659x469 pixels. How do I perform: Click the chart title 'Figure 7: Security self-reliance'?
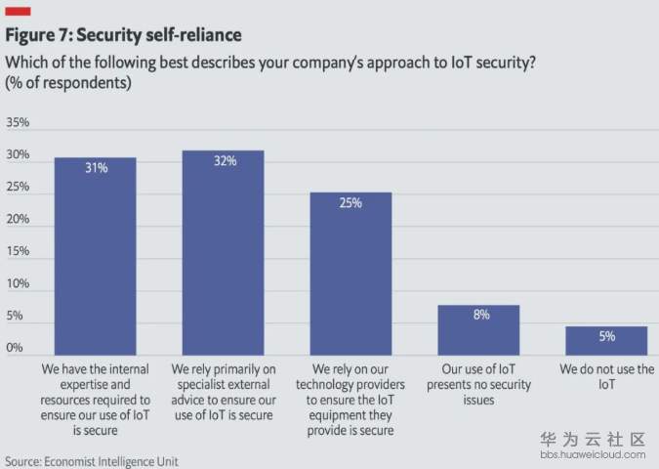(124, 35)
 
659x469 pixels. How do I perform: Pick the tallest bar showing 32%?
(224, 252)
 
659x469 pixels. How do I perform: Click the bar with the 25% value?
(350, 274)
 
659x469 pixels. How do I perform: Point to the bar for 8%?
(478, 330)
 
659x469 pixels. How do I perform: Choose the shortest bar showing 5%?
(606, 340)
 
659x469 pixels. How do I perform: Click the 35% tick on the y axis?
(19, 123)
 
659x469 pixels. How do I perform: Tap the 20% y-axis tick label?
(19, 220)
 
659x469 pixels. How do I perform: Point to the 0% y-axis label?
(15, 348)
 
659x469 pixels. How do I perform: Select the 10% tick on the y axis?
(19, 284)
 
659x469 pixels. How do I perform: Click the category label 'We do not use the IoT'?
(606, 378)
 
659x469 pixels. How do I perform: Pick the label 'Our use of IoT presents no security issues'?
(478, 385)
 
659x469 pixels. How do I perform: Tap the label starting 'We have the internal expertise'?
(95, 400)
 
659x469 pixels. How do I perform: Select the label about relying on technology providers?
(350, 400)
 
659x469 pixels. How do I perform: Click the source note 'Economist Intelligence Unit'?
(92, 460)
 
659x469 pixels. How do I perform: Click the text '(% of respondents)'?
(68, 83)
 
